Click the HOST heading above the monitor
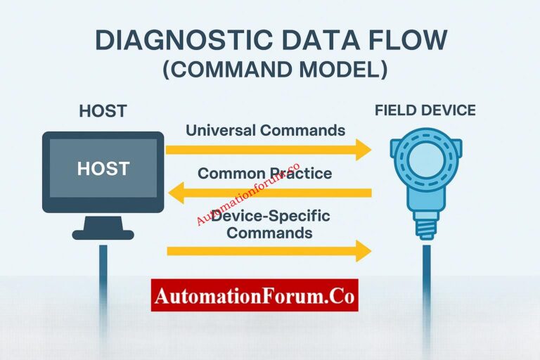click(103, 111)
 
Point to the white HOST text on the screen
click(103, 169)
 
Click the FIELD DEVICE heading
click(425, 110)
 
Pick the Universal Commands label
click(265, 130)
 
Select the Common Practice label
click(265, 173)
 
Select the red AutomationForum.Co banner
click(255, 295)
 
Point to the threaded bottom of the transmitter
click(426, 227)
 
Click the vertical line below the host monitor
click(103, 274)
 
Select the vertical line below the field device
click(426, 274)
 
